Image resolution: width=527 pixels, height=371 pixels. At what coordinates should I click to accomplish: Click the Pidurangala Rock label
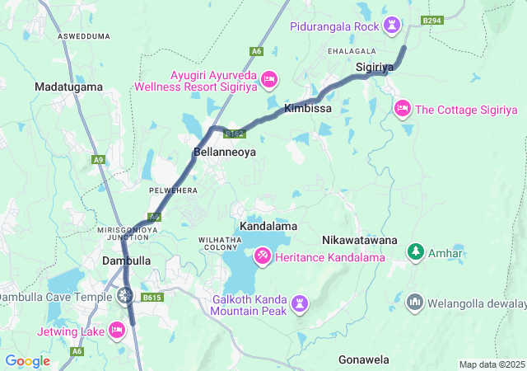click(333, 26)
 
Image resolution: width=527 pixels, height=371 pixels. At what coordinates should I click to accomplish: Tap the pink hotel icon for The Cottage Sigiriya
click(402, 108)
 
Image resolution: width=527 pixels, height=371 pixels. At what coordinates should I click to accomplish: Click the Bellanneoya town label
click(225, 153)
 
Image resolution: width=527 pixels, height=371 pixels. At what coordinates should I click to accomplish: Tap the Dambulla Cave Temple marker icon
click(125, 294)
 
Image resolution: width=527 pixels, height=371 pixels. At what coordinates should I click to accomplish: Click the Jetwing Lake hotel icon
click(116, 331)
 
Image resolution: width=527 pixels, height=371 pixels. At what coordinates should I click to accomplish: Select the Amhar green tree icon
click(417, 251)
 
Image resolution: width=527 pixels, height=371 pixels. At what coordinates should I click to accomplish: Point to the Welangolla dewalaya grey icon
click(413, 302)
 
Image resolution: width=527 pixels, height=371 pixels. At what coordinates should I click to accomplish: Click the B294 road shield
click(431, 20)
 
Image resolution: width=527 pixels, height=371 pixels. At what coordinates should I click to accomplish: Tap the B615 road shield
click(152, 298)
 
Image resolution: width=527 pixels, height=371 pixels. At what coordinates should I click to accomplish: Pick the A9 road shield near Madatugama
click(100, 159)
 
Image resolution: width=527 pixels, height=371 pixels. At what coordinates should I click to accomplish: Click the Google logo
click(27, 361)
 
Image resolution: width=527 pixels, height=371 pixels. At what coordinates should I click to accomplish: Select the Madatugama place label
click(68, 87)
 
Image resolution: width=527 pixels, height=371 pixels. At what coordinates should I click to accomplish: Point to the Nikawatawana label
click(358, 239)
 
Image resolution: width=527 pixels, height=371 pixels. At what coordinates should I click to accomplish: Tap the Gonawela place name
click(363, 360)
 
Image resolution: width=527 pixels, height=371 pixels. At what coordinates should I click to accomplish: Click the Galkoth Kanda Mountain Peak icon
click(299, 304)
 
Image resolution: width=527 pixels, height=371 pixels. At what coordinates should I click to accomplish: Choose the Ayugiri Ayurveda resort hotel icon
click(269, 80)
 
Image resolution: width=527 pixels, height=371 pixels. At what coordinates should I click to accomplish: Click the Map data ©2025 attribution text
click(492, 364)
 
